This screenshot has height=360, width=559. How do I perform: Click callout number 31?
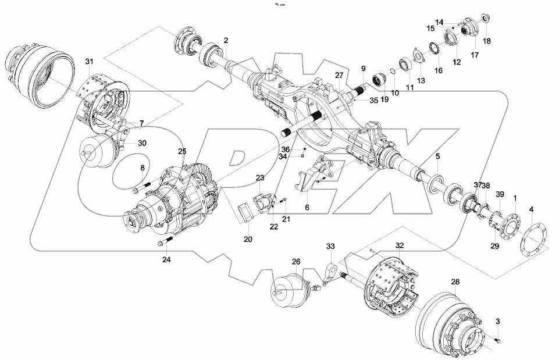pyautogui.click(x=89, y=62)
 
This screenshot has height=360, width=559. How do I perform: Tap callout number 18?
pyautogui.click(x=487, y=41)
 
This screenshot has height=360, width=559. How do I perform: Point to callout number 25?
pyautogui.click(x=182, y=151)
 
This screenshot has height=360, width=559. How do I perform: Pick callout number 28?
pyautogui.click(x=455, y=281)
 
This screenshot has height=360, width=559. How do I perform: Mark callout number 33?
pyautogui.click(x=330, y=247)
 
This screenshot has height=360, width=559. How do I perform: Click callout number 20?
pyautogui.click(x=248, y=239)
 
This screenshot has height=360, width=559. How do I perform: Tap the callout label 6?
pyautogui.click(x=307, y=207)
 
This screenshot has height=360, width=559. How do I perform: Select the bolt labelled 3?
pyautogui.click(x=499, y=339)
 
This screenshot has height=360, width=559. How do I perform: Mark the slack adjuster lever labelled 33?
pyautogui.click(x=333, y=272)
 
